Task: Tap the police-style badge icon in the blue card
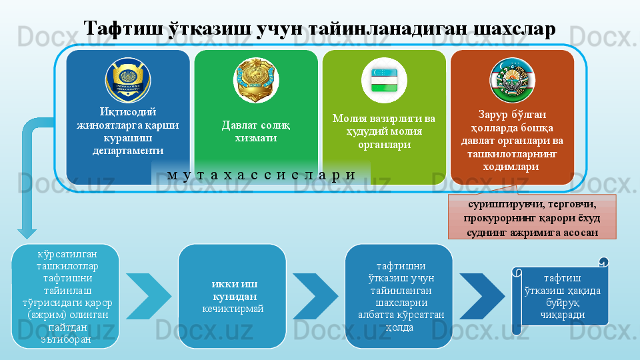click(x=128, y=80)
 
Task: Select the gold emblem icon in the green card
click(x=256, y=80)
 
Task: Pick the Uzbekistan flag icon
click(x=384, y=80)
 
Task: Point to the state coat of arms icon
click(x=512, y=80)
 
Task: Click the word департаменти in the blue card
click(x=128, y=151)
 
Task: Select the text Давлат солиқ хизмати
click(x=256, y=131)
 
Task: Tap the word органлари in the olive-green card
click(x=384, y=145)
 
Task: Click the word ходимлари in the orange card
click(x=511, y=167)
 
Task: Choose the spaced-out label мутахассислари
click(x=261, y=175)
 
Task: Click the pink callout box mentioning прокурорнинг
click(x=532, y=217)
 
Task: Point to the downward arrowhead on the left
click(x=27, y=233)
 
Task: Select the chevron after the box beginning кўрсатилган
click(x=149, y=296)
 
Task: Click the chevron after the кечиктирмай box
click(x=315, y=296)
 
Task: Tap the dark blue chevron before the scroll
click(x=482, y=296)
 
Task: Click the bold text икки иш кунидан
click(x=234, y=290)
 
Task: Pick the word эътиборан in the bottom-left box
click(x=66, y=339)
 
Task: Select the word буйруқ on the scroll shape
click(x=563, y=303)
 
